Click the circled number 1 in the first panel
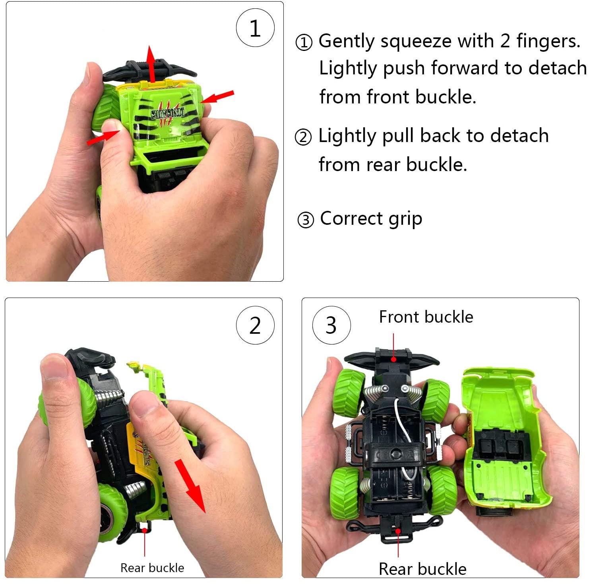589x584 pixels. (x=255, y=28)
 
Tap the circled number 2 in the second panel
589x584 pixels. (x=255, y=325)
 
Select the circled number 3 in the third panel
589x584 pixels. (x=331, y=325)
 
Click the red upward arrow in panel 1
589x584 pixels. (x=151, y=64)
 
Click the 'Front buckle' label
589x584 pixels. (x=426, y=317)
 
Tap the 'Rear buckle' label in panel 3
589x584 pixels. (x=422, y=569)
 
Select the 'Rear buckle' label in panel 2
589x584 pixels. (x=152, y=568)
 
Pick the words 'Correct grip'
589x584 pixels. (x=371, y=219)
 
